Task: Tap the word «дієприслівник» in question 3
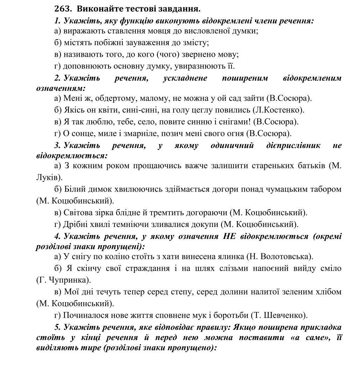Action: [293, 145]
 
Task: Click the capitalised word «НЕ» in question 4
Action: [230, 236]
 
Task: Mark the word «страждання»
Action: [146, 268]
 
